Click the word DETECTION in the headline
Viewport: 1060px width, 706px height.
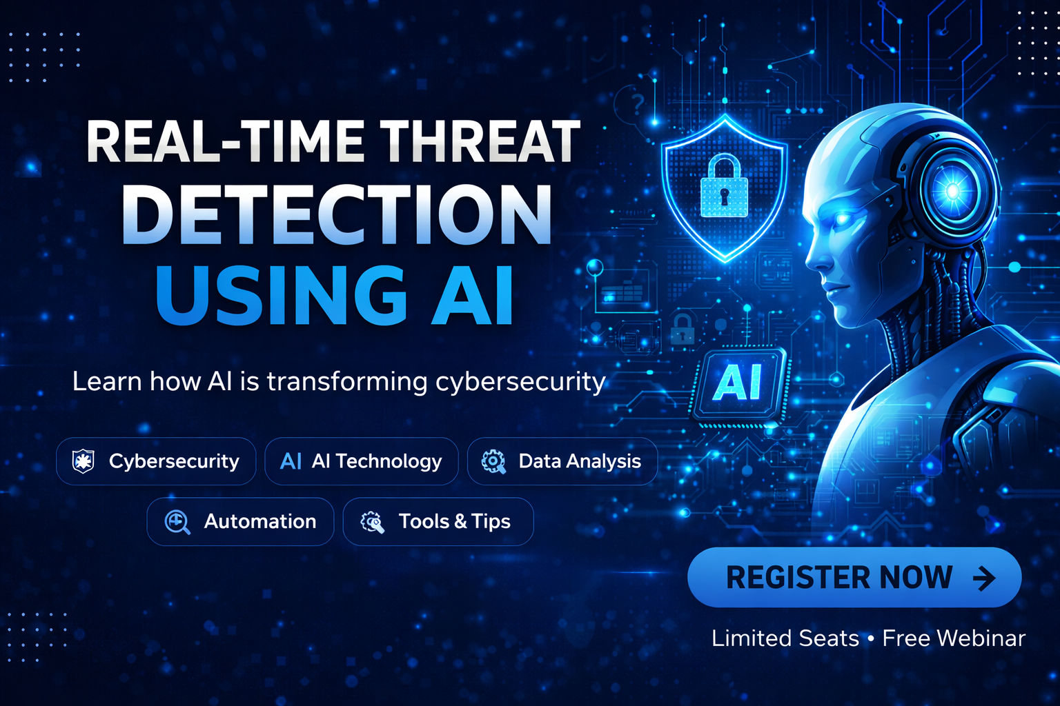[337, 215]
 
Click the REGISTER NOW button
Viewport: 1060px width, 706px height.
[854, 577]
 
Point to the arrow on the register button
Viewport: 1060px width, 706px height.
[984, 578]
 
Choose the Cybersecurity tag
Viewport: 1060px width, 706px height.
[156, 461]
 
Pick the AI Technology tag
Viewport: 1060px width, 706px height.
[362, 461]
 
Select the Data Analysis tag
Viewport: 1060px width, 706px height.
[562, 461]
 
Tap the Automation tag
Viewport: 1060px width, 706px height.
[240, 522]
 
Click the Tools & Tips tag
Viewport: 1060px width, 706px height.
[438, 522]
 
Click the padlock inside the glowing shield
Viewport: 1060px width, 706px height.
[724, 187]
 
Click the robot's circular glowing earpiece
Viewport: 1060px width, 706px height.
[953, 189]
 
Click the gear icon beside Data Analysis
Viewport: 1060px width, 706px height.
[493, 461]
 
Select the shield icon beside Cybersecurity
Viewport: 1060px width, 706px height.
[84, 461]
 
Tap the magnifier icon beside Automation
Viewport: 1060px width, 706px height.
[177, 522]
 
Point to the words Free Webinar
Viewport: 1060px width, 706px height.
[954, 638]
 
